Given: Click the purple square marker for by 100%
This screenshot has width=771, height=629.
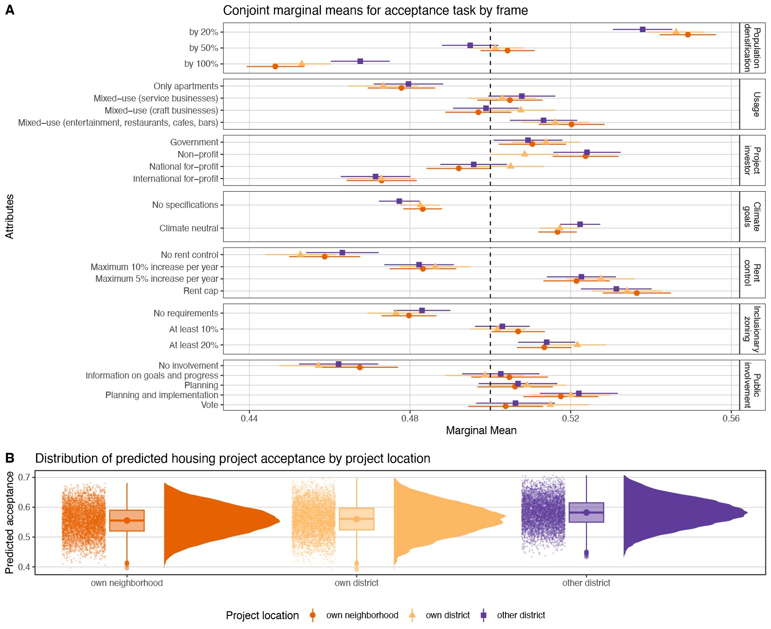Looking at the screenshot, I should click(360, 61).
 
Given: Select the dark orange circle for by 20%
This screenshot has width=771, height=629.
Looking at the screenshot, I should click(687, 35).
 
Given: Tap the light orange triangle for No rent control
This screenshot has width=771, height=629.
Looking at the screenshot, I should click(300, 254).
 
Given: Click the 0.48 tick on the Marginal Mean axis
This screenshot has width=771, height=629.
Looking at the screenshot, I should click(410, 418).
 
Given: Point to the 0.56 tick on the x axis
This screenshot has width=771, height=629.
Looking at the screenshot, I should click(731, 418).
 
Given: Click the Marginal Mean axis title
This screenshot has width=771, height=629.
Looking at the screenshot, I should click(481, 430).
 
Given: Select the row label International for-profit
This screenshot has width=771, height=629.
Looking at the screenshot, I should click(176, 179).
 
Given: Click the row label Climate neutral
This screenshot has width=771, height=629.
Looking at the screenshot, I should click(189, 228).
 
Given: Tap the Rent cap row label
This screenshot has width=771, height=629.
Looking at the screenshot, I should click(200, 291).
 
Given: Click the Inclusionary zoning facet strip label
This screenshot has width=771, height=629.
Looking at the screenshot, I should click(752, 329).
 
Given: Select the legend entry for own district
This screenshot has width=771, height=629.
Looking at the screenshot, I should click(447, 615).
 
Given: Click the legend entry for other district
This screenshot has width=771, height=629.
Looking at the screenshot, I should click(521, 615).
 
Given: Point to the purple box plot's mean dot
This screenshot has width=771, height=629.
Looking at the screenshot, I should click(586, 512).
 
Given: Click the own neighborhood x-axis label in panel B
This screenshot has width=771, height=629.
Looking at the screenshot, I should click(127, 583).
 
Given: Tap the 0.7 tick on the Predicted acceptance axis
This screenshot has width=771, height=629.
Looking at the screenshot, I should click(24, 477).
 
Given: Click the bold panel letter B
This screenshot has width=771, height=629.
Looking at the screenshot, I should click(10, 458).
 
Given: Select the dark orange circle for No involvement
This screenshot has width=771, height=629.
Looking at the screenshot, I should click(360, 367).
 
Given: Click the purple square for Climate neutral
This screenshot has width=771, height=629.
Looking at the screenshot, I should click(580, 224).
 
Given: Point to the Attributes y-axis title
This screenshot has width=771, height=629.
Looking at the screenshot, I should click(10, 216).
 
